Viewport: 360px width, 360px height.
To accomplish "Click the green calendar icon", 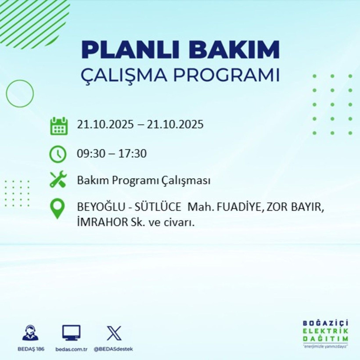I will [x=59, y=126].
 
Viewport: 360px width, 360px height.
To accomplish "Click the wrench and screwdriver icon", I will [x=58, y=180].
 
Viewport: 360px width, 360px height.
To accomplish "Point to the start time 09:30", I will [x=89, y=154].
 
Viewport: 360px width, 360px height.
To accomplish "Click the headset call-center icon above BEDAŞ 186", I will [x=30, y=333].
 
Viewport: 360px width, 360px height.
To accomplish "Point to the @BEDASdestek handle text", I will [x=114, y=349].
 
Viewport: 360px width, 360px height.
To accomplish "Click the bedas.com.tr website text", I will [x=72, y=349].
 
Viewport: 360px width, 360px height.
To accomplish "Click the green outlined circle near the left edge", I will [x=20, y=94].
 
